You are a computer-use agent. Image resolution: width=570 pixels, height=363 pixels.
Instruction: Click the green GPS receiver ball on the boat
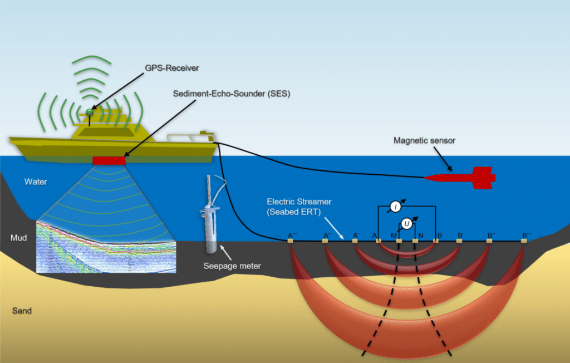coord(89,112)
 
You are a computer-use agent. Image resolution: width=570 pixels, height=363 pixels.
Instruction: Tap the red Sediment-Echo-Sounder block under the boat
coord(110,160)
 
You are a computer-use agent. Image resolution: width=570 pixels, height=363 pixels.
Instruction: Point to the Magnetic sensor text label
coord(424,141)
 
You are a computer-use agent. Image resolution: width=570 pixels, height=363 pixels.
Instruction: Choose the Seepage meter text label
coord(232,266)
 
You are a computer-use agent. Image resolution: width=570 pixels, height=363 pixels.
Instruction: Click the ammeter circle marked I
coord(395,207)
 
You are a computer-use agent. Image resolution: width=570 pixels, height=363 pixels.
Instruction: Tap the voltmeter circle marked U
coord(407,224)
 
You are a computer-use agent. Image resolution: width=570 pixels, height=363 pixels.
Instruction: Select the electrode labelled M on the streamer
coord(399,241)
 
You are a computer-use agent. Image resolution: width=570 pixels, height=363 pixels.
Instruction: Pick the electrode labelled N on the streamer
coord(415,241)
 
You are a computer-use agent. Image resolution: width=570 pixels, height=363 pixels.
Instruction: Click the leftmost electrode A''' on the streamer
coord(290,241)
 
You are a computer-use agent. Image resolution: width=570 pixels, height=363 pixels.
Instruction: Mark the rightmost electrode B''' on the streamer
coord(524,241)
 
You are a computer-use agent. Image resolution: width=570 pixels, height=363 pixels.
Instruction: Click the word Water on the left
coord(36,182)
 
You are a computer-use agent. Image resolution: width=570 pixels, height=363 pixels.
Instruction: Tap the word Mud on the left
coord(19,238)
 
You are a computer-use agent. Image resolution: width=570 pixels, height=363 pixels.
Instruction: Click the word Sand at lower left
coord(22,310)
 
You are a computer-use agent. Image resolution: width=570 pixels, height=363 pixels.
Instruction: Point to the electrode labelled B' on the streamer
coord(459,241)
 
